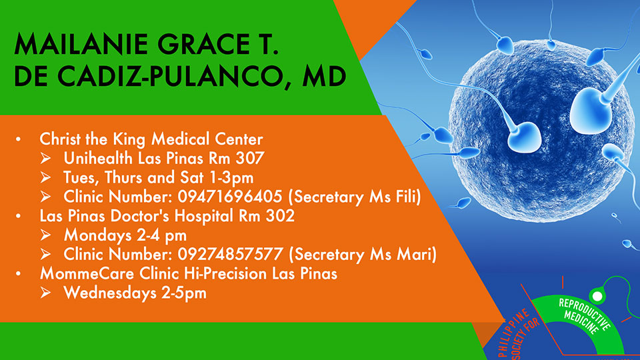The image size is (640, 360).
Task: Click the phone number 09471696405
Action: tap(230, 197)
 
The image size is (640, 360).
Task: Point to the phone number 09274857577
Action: tap(230, 254)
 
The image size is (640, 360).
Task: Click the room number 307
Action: tap(250, 159)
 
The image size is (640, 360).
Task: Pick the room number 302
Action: tap(281, 216)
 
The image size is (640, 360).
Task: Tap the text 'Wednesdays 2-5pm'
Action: tap(135, 293)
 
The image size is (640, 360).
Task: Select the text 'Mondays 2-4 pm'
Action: tap(125, 235)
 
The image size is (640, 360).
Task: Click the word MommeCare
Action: tap(87, 273)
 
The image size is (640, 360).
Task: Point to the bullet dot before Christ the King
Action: tap(19, 139)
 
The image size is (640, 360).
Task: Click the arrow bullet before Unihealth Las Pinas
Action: tap(46, 159)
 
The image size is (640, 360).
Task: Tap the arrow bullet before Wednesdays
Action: tap(46, 293)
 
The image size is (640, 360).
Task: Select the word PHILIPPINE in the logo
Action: tap(514, 332)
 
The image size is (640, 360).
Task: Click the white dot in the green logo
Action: tap(597, 296)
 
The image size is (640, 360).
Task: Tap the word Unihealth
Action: tap(98, 159)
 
